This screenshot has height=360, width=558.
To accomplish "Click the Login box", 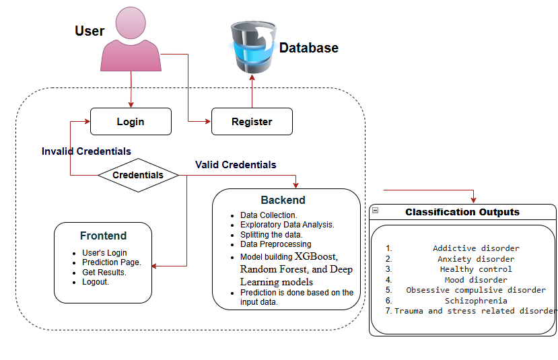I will pos(131,122).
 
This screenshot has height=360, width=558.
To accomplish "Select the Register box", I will pos(252,122).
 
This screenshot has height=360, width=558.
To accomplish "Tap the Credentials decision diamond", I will pos(138,175).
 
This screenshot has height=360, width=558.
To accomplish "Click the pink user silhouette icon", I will pos(131,40).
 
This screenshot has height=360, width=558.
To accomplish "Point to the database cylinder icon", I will pos(253,47).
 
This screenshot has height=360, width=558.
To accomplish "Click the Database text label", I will pos(309,48).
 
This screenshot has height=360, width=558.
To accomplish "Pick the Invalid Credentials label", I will pos(86,151).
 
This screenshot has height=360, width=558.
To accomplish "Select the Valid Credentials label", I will pos(236,165).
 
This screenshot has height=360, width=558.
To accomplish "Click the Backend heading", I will pos(283,201).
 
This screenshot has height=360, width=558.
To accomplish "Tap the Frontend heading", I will pos(103,236).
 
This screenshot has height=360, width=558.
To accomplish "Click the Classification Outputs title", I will pos(462,213).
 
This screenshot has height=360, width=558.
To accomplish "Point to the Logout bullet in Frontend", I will pos(96,282).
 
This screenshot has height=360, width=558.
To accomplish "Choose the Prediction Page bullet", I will pos(112,262).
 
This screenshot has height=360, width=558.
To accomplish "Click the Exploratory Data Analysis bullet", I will pos(287,225).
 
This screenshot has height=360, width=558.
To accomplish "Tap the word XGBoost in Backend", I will pos(316,256).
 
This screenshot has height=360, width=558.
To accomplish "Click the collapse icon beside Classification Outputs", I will pos(375,211).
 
